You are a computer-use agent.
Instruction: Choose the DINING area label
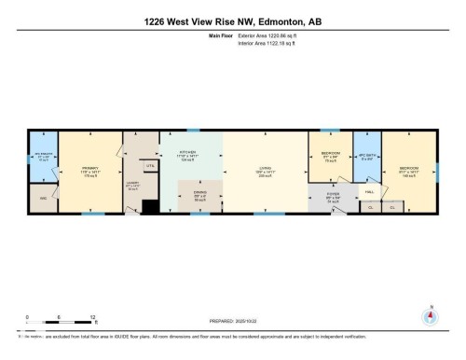tap(199, 196)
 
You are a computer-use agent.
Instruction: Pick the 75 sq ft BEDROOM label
tap(329, 155)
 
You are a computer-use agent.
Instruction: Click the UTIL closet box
tap(149, 165)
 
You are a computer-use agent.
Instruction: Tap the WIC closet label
tap(43, 198)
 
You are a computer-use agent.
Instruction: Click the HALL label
tap(369, 191)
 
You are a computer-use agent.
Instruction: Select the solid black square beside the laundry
tap(146, 207)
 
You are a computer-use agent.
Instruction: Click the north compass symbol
tap(430, 314)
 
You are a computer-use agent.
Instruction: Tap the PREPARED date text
tap(232, 313)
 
